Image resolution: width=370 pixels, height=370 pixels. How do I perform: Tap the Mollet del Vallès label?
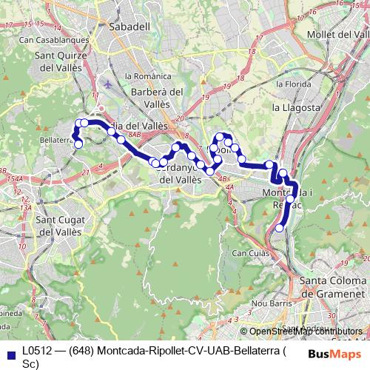[326, 35]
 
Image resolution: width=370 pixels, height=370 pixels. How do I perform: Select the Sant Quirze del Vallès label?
[63, 61]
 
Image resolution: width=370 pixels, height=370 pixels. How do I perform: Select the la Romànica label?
[144, 75]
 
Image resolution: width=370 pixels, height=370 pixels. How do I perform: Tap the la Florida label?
[290, 84]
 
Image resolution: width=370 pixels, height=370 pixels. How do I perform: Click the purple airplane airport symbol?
[110, 83]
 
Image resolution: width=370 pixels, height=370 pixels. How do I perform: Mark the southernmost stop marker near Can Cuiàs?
[279, 229]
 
